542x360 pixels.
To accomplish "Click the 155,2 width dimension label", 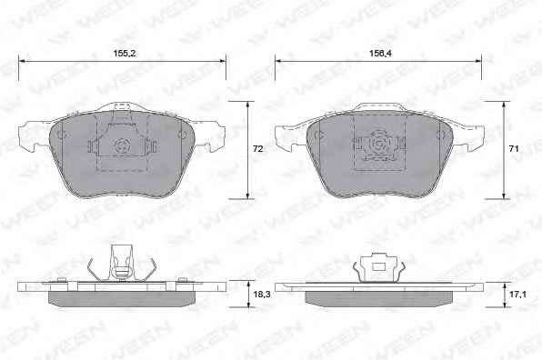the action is coord(125,54).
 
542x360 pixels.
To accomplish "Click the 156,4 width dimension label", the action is coord(380,54).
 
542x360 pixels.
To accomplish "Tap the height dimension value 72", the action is coord(258,149).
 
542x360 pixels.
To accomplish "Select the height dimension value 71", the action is coord(514,149).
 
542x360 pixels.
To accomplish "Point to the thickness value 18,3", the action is coord(262,295).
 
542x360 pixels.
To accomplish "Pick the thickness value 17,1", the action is coord(517,295).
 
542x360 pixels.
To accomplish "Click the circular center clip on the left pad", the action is coord(123,145).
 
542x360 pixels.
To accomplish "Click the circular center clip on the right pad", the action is coord(379,143).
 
